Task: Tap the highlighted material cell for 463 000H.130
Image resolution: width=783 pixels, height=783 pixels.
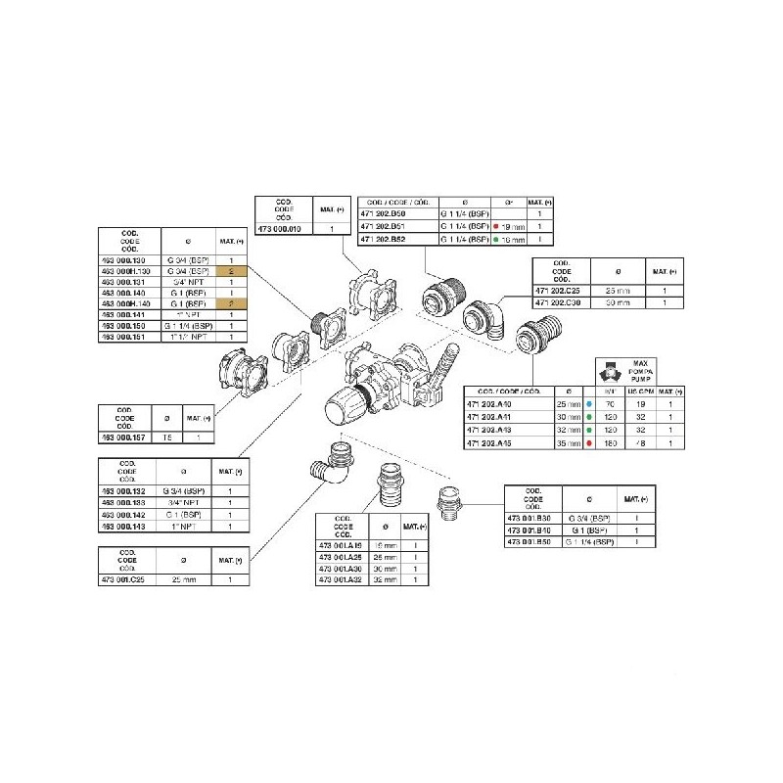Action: [230, 271]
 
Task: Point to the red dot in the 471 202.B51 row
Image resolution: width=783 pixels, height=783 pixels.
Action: [497, 226]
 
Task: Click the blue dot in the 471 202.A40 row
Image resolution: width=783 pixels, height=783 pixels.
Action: [584, 403]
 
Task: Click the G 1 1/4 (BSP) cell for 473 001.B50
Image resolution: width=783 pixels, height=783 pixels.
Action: [590, 541]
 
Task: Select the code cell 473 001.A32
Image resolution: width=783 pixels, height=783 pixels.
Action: [343, 580]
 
